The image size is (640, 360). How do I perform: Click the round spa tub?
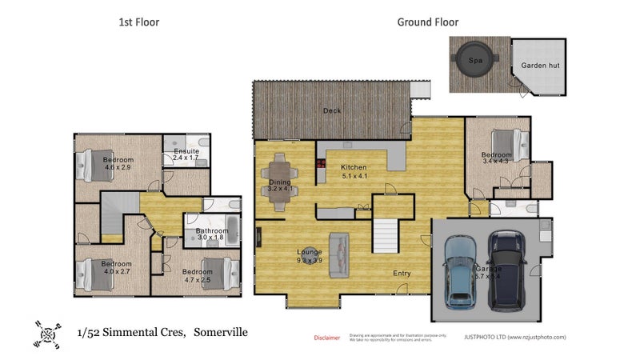[474, 58]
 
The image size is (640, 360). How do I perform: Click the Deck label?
[332, 111]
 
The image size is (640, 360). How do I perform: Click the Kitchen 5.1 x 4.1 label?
[354, 171]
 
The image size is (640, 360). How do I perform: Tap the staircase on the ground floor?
[386, 235]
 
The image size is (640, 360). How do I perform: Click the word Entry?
[402, 274]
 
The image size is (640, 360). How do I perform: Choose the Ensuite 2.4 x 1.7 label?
[186, 154]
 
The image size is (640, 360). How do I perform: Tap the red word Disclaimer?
[326, 338]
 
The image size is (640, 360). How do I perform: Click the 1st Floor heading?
[139, 22]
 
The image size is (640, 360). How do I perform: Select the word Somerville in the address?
[219, 331]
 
